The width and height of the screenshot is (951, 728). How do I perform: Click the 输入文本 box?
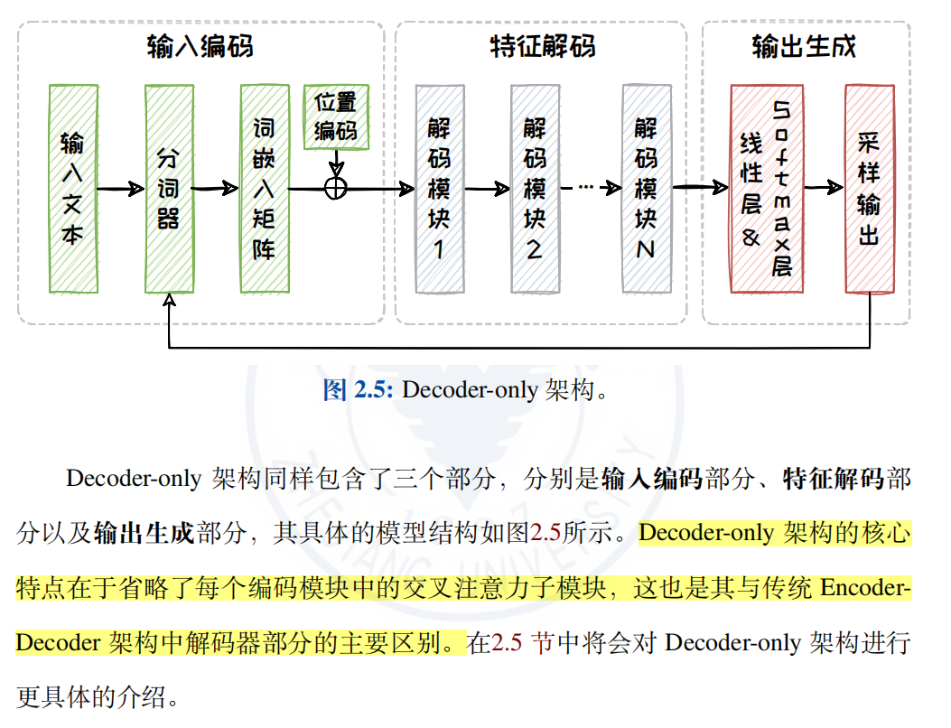[x=72, y=189]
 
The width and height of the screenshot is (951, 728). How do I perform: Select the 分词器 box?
[x=169, y=189]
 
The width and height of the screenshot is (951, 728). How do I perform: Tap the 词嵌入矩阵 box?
[x=264, y=189]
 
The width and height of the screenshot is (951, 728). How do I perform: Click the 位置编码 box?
[x=336, y=117]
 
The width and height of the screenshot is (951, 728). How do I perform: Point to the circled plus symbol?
[x=336, y=188]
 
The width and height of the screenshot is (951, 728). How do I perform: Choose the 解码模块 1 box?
[x=439, y=189]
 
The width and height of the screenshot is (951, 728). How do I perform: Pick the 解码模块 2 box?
[x=535, y=189]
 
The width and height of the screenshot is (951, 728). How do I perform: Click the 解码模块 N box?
[x=646, y=189]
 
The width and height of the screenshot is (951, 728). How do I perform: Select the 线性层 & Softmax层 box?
[x=767, y=189]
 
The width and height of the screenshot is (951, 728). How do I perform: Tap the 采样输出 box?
[x=869, y=189]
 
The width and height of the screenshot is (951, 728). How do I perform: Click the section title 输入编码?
[x=200, y=46]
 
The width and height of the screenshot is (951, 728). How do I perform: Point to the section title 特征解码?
[x=542, y=46]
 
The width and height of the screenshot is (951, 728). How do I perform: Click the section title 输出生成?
[x=804, y=46]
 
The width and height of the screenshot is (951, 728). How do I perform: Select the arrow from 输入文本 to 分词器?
[x=120, y=189]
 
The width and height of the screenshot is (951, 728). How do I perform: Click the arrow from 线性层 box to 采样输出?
[x=824, y=188]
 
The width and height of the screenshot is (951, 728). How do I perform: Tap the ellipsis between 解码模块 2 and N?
[x=585, y=187]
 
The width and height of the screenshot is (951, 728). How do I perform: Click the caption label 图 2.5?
[x=358, y=390]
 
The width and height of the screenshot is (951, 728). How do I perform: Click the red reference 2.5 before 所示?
[x=545, y=533]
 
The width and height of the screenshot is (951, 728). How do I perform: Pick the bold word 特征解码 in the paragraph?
[x=832, y=479]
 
